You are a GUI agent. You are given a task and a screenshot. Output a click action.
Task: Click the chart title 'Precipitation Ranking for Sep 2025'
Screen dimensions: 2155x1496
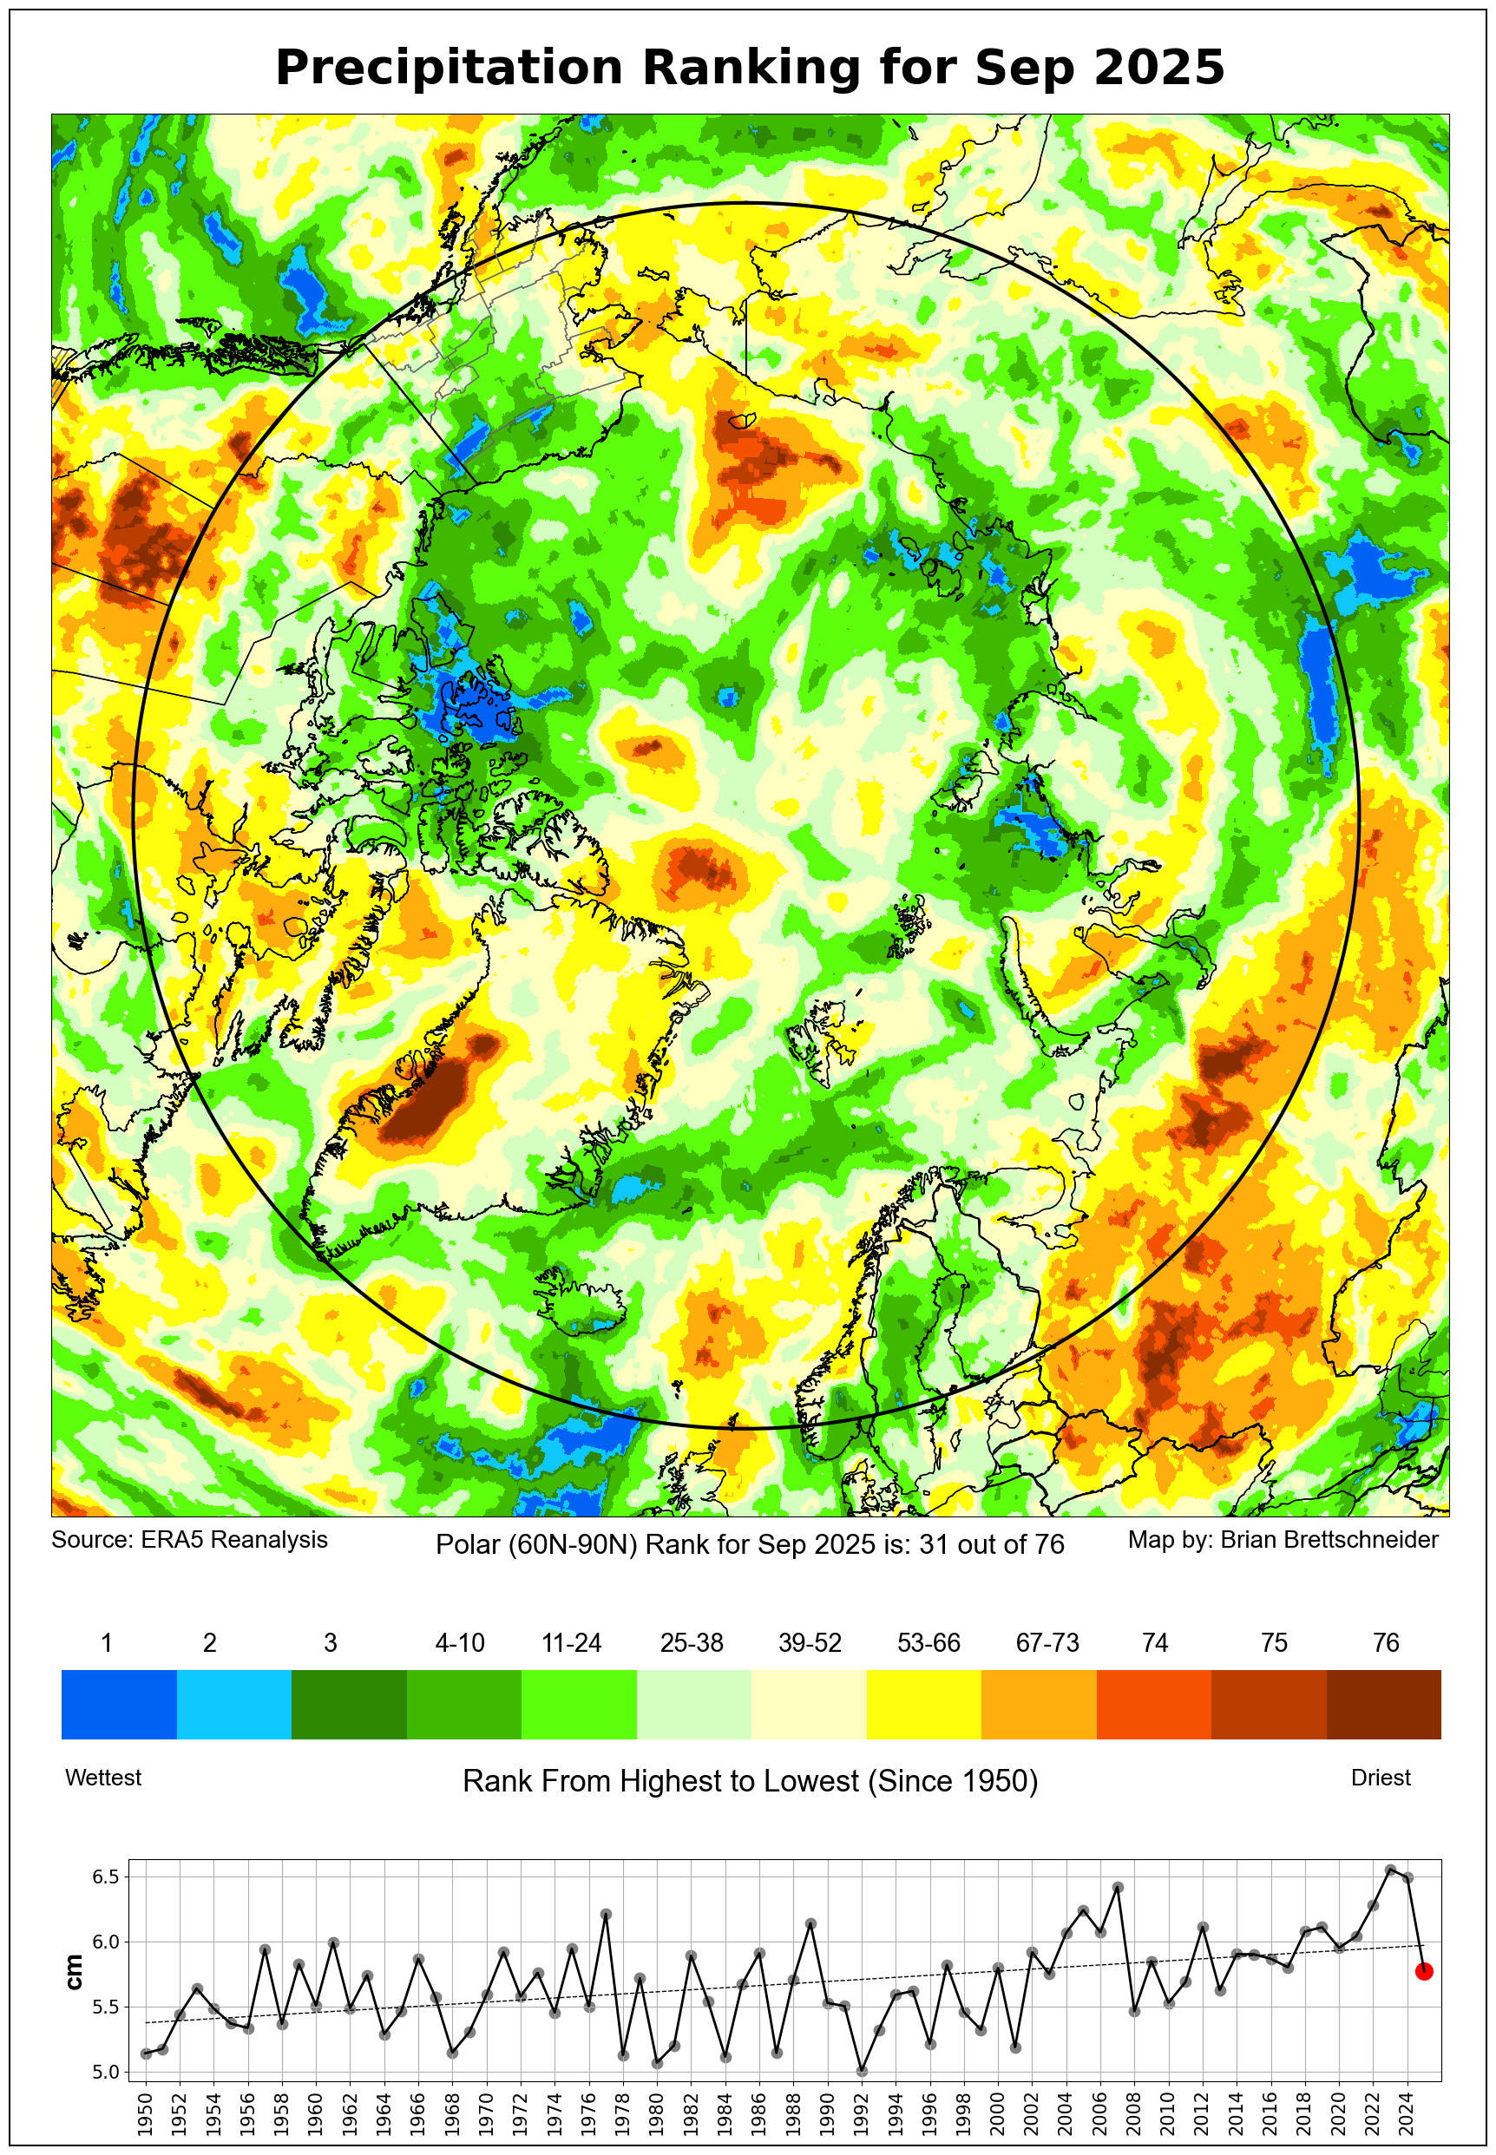[749, 69]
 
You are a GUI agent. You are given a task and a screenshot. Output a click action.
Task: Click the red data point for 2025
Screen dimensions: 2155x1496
[1423, 1972]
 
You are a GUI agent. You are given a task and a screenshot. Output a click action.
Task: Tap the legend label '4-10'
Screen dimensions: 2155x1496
[459, 1643]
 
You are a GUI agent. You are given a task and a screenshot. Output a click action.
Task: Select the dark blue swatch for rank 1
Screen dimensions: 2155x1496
[119, 1705]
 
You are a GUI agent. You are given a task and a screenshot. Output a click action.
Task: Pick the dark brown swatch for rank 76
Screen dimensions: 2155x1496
[1382, 1705]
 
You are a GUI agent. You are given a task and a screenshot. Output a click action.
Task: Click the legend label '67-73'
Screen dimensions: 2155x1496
[1047, 1643]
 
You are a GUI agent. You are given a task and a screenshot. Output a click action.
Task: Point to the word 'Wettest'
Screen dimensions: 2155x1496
[103, 1778]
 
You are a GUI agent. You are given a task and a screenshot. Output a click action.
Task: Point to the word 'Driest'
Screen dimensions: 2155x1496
[1380, 1778]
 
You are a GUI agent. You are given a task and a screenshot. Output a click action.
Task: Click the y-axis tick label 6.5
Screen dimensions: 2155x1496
[105, 1877]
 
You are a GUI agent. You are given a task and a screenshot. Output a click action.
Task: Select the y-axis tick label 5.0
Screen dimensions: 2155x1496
[105, 2073]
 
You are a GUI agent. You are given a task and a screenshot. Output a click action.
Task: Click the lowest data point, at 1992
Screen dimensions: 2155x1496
[862, 2072]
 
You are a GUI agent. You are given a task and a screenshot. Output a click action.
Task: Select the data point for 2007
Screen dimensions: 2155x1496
[1118, 1888]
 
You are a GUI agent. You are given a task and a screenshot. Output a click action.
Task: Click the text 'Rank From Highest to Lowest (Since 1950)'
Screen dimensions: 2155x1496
[750, 1781]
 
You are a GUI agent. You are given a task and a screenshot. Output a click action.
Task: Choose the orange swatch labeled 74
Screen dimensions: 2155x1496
[1153, 1705]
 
